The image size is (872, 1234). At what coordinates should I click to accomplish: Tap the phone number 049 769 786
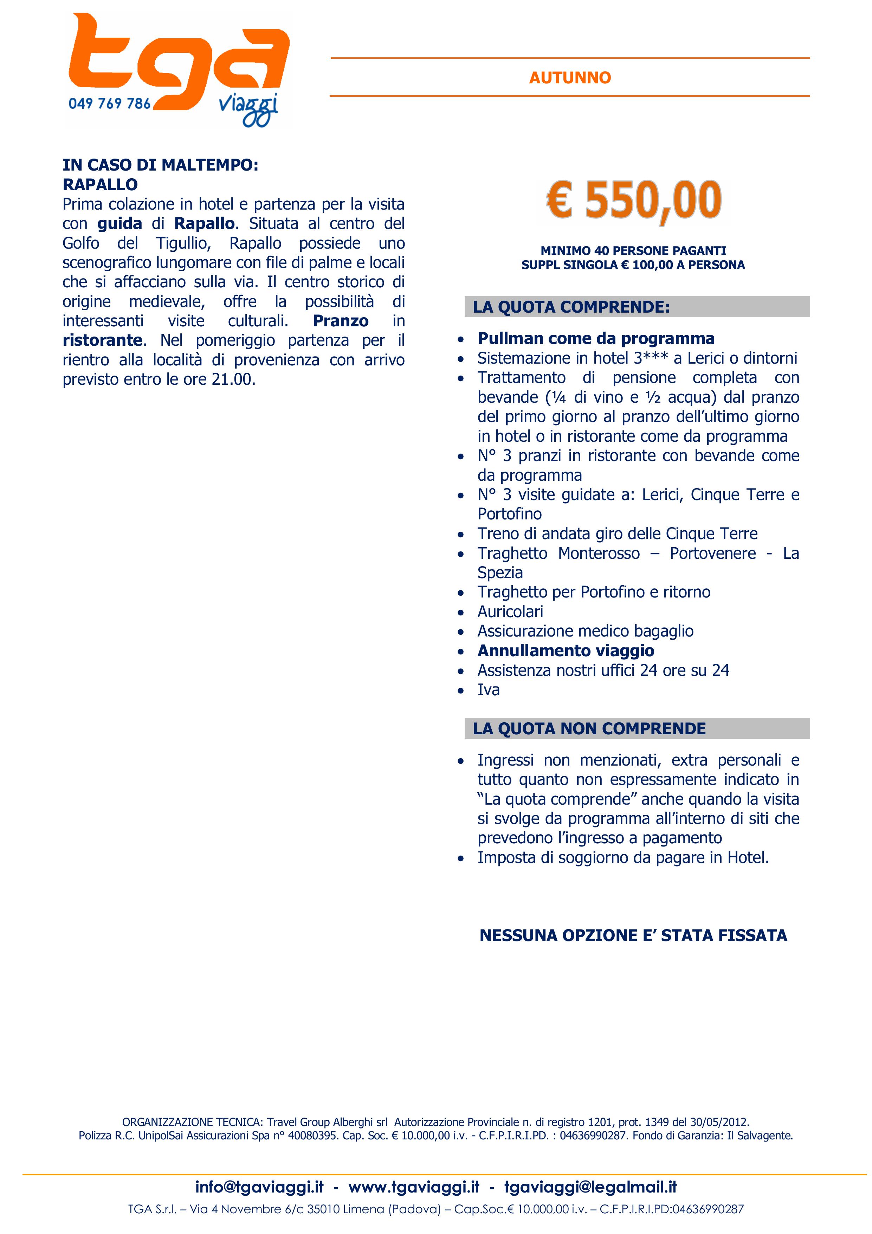click(110, 103)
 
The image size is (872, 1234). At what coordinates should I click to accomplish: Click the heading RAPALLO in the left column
click(100, 184)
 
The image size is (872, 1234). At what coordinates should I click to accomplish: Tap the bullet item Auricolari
click(510, 612)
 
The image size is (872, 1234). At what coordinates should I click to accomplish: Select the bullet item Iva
click(489, 690)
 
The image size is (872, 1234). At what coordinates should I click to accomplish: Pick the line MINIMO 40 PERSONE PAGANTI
click(633, 250)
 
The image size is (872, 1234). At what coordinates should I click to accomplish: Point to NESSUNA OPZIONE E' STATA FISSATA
click(633, 936)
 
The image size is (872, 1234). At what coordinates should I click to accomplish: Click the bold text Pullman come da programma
click(596, 339)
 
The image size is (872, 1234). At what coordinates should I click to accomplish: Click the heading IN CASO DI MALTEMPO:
click(160, 165)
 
